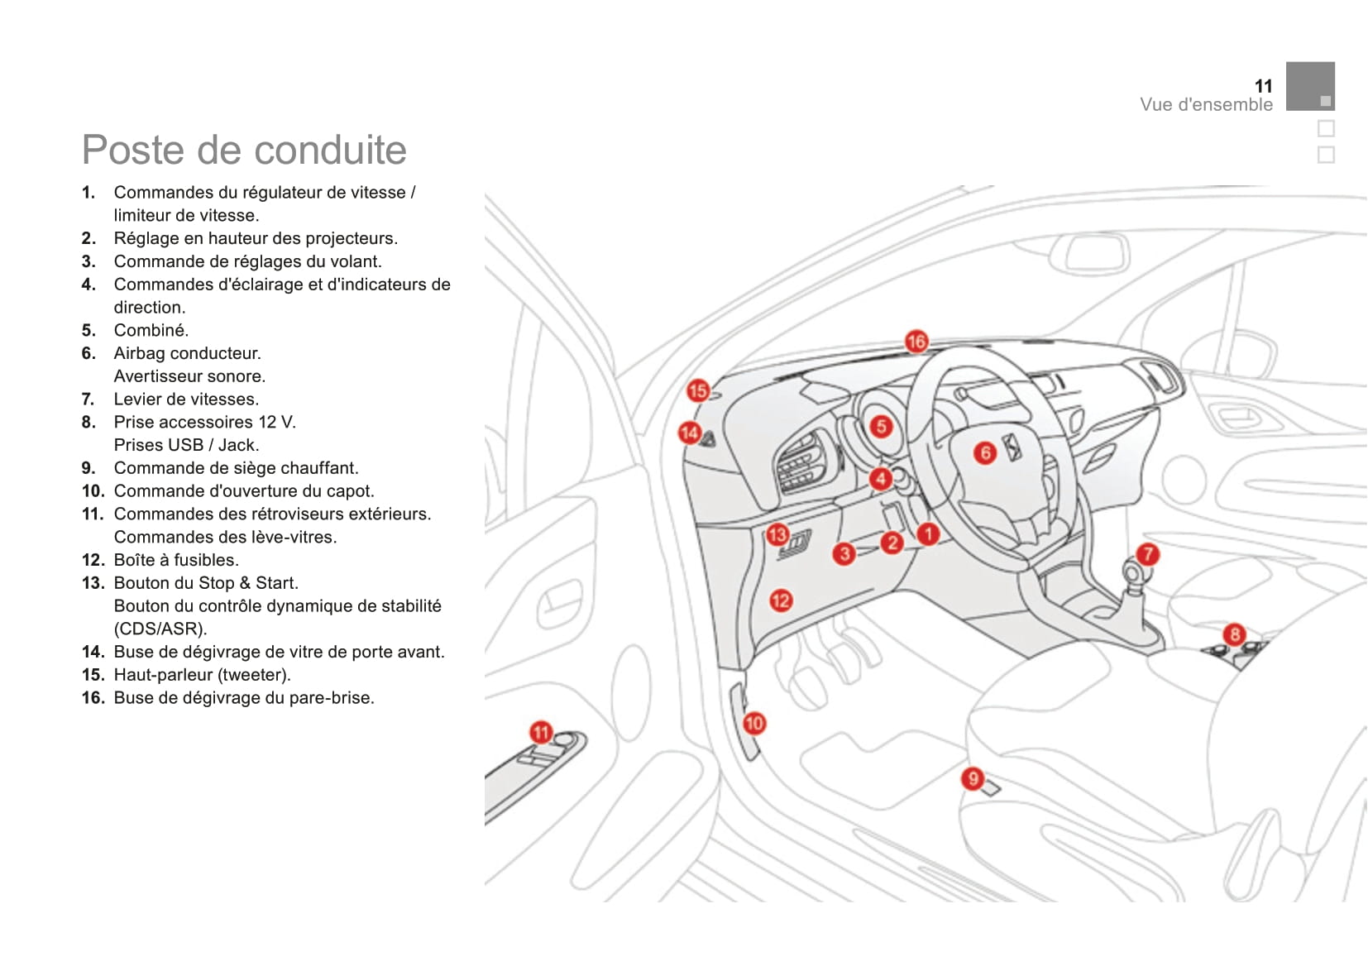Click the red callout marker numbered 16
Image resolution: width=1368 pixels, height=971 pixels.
[916, 342]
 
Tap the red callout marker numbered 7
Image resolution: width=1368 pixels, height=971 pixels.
[1147, 554]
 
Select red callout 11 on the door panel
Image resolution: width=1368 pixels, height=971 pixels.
[541, 732]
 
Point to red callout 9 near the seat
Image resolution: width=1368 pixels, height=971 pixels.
[973, 778]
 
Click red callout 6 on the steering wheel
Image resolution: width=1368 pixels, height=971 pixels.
[984, 452]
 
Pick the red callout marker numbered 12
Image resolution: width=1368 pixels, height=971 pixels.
[780, 600]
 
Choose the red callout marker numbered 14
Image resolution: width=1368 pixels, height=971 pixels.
[689, 433]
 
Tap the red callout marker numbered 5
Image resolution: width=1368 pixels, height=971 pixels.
[881, 426]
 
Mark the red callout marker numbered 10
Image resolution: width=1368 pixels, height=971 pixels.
[753, 724]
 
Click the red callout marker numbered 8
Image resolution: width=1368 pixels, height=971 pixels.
[1234, 634]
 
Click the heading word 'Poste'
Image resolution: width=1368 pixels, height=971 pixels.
[132, 151]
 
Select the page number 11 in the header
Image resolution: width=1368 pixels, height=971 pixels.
[1263, 86]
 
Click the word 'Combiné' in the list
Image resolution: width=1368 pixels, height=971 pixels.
[151, 331]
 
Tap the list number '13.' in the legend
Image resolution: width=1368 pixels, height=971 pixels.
[93, 583]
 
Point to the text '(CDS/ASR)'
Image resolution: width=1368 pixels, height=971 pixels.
[160, 629]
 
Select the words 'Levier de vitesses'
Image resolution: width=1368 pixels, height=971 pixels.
[186, 399]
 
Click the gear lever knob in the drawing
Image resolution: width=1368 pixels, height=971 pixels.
[1132, 572]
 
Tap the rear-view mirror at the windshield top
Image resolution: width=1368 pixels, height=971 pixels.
[1097, 252]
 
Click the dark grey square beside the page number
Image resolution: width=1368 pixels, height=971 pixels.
[1310, 86]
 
